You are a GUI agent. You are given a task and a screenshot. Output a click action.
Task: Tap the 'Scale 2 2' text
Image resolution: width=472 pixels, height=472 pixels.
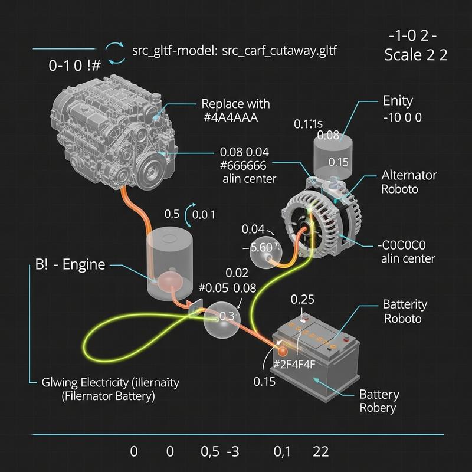[x=415, y=55]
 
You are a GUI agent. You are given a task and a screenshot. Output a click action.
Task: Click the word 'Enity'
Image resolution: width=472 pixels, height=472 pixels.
[x=398, y=101]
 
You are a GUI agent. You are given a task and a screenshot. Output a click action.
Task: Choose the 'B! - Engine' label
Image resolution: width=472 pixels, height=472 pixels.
[x=66, y=264]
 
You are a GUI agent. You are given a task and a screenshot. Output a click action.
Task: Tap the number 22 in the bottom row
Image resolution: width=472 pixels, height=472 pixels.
[x=321, y=451]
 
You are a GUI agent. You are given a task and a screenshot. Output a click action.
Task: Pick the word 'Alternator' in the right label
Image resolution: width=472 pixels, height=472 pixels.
[x=409, y=175]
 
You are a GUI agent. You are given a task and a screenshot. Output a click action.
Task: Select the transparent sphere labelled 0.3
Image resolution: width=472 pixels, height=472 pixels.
[x=222, y=318]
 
